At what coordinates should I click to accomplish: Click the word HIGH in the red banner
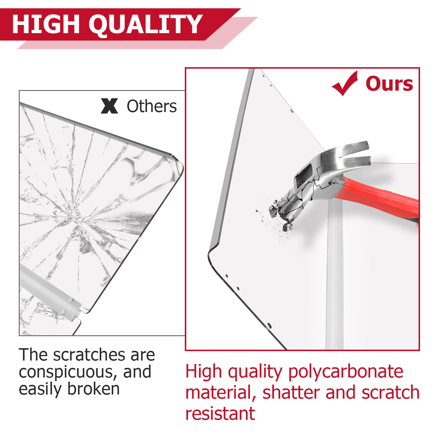click(x=46, y=24)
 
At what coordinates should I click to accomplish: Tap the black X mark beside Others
click(x=109, y=106)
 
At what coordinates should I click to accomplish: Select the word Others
click(x=152, y=106)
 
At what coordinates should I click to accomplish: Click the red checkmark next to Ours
click(x=345, y=84)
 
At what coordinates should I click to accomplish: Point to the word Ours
click(x=389, y=84)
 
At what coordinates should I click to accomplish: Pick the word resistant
click(x=220, y=414)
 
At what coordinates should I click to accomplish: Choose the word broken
click(x=94, y=389)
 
